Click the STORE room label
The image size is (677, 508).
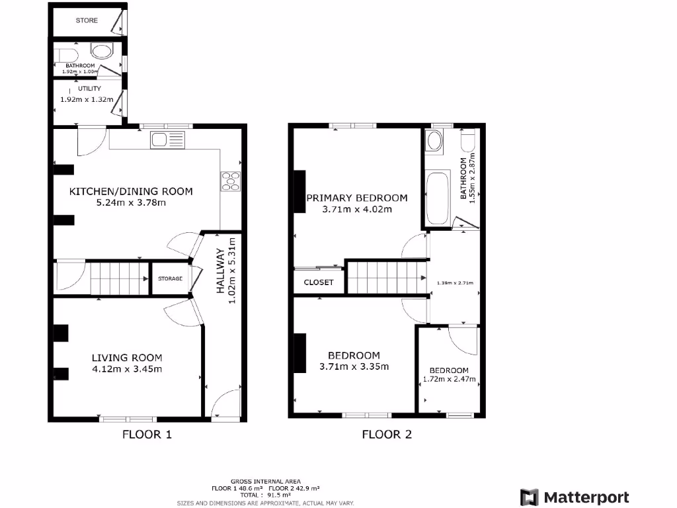[x=86, y=21]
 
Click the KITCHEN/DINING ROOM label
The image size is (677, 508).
[x=132, y=191]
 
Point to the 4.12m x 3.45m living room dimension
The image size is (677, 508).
[x=126, y=369]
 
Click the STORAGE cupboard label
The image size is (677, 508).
[x=170, y=279]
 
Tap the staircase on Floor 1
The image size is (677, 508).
[x=119, y=278]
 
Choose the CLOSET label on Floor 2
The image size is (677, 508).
[x=319, y=282]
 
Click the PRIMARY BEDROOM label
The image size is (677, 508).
[x=356, y=198]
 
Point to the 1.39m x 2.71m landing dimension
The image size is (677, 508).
[x=456, y=283]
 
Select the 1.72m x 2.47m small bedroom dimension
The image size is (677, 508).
[x=449, y=380]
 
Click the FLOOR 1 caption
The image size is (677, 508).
[x=147, y=435]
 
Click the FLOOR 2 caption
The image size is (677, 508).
[x=387, y=435]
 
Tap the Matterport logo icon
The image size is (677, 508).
[x=530, y=497]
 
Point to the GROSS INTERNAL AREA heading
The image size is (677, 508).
[x=265, y=481]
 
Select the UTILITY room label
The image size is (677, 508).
[x=89, y=88]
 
